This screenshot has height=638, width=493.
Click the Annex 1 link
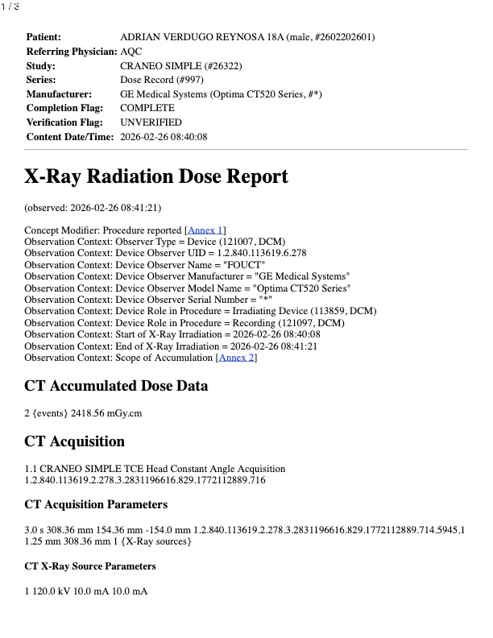[x=205, y=230]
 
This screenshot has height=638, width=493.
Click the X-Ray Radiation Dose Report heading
[x=155, y=177]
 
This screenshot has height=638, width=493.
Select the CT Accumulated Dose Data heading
[x=117, y=387]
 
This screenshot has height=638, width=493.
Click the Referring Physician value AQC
[x=130, y=51]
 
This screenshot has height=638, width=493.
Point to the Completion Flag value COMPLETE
[x=147, y=108]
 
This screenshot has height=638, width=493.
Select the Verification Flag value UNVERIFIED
[x=151, y=122]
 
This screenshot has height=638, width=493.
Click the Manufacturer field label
[x=59, y=93]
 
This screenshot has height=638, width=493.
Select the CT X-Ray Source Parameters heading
[x=90, y=566]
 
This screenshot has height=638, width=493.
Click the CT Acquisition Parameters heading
[x=96, y=504]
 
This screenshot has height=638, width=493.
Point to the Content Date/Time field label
[x=69, y=137]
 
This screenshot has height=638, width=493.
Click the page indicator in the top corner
[x=10, y=6]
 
